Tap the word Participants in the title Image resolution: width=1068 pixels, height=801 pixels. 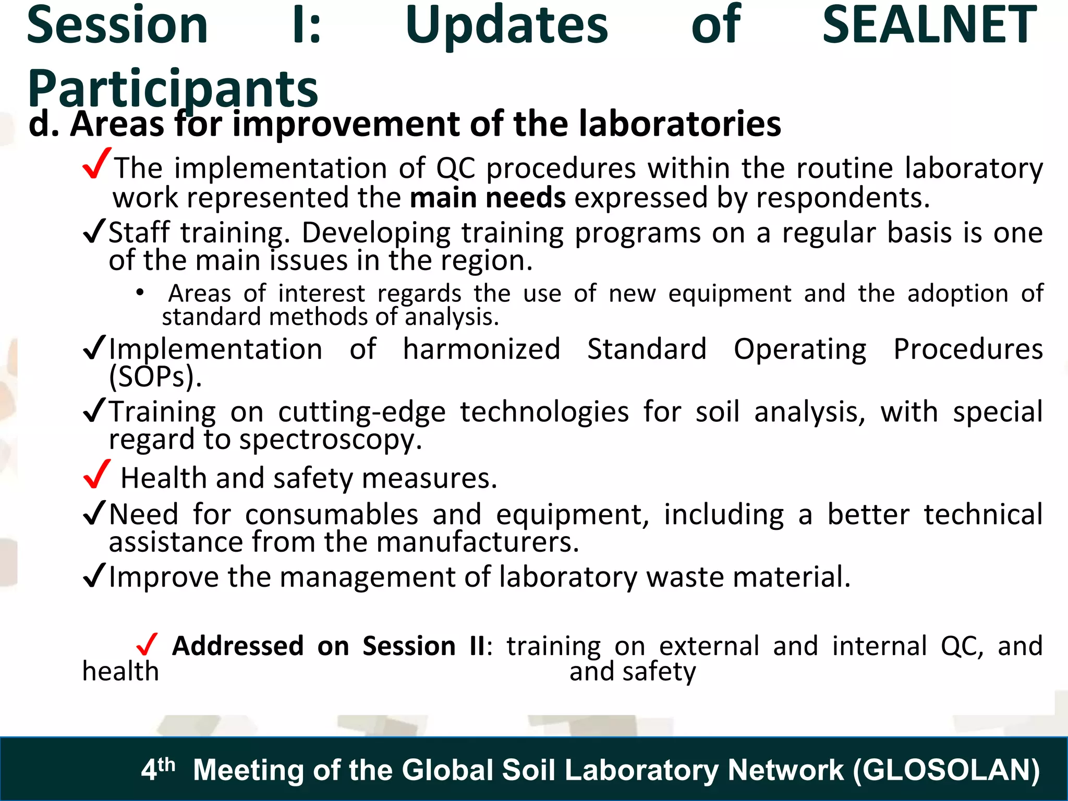[173, 89]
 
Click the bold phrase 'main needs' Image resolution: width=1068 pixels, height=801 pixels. [488, 198]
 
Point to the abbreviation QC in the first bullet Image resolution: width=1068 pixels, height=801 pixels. [456, 168]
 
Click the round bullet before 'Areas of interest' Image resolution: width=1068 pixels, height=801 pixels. [139, 293]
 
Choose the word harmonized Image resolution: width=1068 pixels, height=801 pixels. [481, 349]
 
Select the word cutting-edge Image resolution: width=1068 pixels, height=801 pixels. [362, 412]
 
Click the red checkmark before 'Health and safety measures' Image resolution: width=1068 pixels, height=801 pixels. [97, 474]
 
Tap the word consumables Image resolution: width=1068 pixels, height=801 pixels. [332, 515]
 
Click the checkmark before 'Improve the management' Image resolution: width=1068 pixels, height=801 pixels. [94, 576]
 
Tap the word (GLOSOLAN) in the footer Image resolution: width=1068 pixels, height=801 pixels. [946, 770]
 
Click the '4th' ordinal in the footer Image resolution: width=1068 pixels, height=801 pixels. [157, 768]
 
